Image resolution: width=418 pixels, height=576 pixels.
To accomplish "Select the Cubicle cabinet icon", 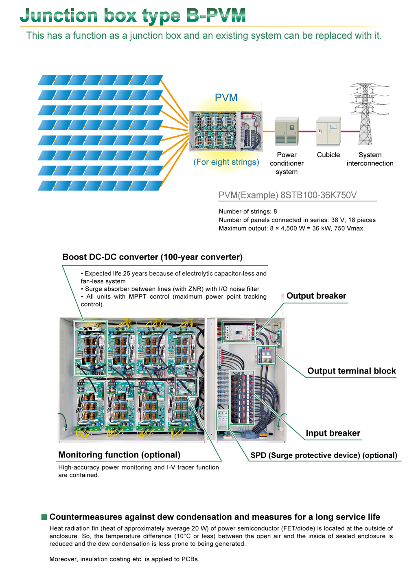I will point(328,131).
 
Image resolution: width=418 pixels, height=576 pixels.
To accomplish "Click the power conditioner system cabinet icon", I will point(287,131).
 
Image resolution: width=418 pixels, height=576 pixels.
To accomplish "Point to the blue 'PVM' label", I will point(226,98).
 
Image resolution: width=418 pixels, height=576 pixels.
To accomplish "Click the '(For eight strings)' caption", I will point(226,162).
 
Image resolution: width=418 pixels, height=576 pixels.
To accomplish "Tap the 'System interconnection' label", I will point(370,159).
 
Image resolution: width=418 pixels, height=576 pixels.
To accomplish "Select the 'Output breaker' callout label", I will point(316,296).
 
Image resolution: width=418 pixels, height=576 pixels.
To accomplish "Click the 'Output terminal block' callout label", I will point(351,371).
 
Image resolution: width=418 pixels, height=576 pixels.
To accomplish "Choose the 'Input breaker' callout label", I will point(333,433).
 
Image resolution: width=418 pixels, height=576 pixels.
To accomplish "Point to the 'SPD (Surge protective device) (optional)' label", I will point(324,455).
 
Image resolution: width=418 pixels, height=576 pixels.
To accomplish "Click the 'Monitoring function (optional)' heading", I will point(119,455).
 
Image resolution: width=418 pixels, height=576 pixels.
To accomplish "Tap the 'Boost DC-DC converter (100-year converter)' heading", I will point(152,257).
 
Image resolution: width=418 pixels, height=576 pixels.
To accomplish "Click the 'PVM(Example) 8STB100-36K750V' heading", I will point(287,195).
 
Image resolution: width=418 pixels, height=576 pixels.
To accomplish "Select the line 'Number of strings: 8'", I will point(248,211).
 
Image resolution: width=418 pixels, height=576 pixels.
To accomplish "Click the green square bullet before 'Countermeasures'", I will point(44,517).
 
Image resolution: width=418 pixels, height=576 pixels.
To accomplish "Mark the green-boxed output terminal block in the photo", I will point(266,355).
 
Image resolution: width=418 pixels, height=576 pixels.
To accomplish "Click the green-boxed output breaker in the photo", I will point(239,332).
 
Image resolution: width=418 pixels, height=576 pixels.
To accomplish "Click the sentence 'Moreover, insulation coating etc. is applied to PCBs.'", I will point(124,559).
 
